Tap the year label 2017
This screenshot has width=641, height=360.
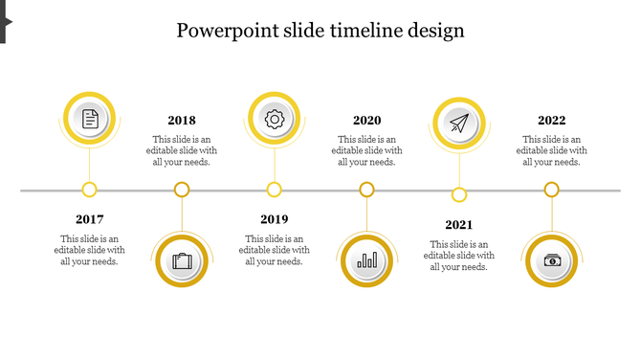[x=89, y=219]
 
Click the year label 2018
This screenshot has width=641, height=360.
[x=182, y=121]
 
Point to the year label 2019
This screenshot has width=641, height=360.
[x=275, y=219]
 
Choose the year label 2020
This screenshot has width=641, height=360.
[x=366, y=121]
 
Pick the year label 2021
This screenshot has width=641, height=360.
[x=459, y=225]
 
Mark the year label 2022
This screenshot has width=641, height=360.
[x=551, y=121]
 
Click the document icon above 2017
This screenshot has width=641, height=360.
[x=90, y=119]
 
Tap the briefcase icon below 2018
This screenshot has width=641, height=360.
[x=182, y=260]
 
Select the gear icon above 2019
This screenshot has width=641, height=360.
[x=275, y=119]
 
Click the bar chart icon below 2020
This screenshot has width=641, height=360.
[x=366, y=260]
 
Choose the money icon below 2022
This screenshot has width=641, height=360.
[x=552, y=260]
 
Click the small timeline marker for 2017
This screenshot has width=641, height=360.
[x=90, y=190]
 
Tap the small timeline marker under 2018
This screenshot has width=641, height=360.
[x=182, y=190]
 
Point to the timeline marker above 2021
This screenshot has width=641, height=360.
[x=459, y=195]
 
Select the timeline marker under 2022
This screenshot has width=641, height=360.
[x=552, y=190]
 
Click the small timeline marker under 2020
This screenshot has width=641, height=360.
[x=366, y=190]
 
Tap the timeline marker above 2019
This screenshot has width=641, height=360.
[x=275, y=190]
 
